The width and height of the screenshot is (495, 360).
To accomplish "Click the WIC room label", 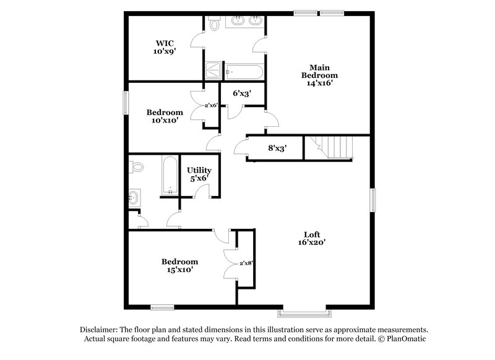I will click(x=164, y=48).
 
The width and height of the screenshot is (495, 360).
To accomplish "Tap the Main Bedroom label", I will click(x=319, y=75).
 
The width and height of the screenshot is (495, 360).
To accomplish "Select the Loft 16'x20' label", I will click(x=311, y=238).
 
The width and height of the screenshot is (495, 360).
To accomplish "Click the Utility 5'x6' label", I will click(x=199, y=174).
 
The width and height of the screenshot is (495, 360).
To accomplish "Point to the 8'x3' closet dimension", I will click(x=276, y=148).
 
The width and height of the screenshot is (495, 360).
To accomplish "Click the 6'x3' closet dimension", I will click(x=241, y=93).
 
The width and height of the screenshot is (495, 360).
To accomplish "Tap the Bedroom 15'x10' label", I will click(x=179, y=266).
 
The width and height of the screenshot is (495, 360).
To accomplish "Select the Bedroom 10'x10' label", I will click(x=164, y=116).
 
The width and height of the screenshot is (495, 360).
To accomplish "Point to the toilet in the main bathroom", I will click(x=214, y=24).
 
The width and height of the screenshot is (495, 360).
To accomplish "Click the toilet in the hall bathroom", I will click(x=136, y=167).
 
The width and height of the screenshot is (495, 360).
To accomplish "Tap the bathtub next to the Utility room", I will click(x=168, y=176).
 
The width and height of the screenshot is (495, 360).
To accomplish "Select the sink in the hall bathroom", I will click(x=134, y=199).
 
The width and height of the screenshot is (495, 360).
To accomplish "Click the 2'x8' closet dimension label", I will click(x=246, y=263).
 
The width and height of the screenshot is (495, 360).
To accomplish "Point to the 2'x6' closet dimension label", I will click(x=210, y=105).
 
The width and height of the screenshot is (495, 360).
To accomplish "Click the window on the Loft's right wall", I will click(x=373, y=201).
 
